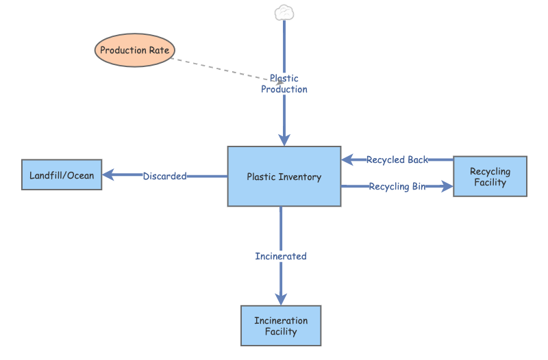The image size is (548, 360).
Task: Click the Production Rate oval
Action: point(135,50)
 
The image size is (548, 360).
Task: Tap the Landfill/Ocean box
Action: point(62,175)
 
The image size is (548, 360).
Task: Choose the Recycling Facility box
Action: point(490,177)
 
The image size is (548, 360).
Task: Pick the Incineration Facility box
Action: point(281,326)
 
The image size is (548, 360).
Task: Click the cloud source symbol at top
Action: point(284,12)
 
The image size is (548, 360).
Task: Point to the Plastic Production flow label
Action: point(284,84)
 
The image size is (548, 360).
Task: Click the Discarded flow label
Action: point(164,176)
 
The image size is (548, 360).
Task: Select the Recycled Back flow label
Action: point(397,159)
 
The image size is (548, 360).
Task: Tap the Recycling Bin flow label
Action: point(397,186)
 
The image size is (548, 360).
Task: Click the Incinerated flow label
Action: point(281,256)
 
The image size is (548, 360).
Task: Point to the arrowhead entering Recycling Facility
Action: point(447,186)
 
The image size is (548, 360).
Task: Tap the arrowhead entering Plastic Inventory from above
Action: point(284,140)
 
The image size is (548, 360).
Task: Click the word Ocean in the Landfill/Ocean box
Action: point(80,175)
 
